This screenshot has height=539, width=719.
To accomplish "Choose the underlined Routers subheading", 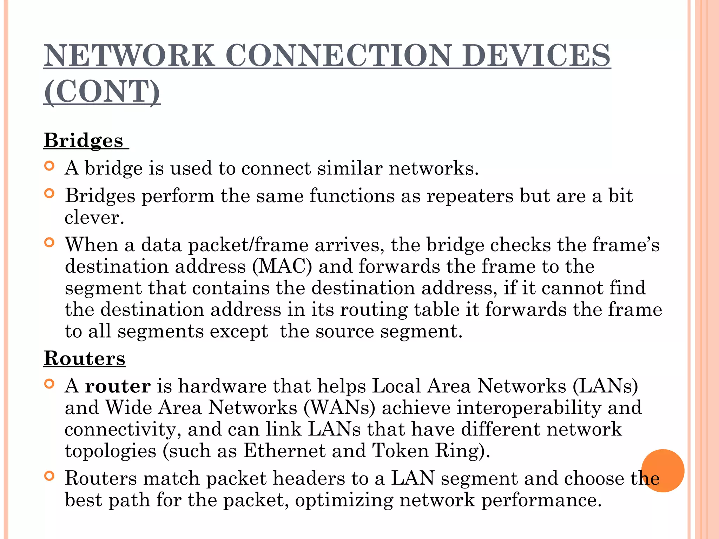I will click(x=85, y=358).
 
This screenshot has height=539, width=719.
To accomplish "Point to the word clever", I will click(x=94, y=218).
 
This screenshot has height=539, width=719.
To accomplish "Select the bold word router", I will click(x=118, y=386).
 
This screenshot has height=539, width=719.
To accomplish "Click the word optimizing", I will click(x=344, y=500).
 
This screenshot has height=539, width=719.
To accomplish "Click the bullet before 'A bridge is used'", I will click(x=50, y=166).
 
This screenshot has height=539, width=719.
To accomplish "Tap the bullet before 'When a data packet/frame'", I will click(x=50, y=242).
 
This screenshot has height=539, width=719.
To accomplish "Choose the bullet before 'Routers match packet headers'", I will click(x=50, y=476).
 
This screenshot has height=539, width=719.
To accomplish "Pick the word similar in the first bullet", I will click(x=350, y=168).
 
